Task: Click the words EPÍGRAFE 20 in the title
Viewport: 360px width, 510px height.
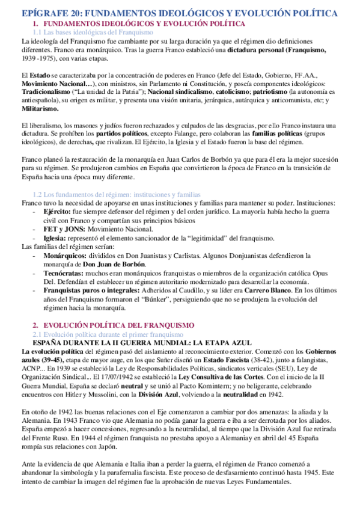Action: click(47, 12)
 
